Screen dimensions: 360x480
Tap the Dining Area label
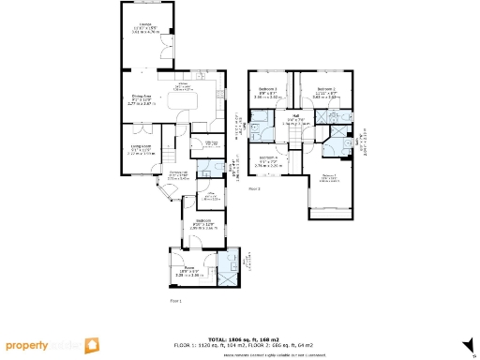coord(142,97)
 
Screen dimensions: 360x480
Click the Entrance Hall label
coord(178,174)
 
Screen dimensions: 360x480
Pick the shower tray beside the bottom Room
coord(228,263)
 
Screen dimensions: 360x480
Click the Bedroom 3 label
coord(267,91)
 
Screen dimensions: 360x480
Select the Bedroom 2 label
coord(325,91)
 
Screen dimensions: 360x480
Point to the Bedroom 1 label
coord(329,176)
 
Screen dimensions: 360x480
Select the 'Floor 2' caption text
coord(254,188)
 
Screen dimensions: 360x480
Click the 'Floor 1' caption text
coord(174,301)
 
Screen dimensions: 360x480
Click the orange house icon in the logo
coord(93,345)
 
